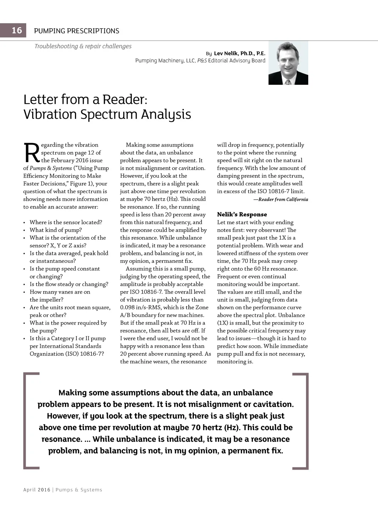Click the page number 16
point(17,30)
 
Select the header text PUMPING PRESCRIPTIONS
point(76,31)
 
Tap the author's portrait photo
point(288,63)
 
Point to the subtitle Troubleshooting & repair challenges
point(83,46)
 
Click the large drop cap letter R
point(31,153)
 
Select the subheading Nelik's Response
point(242,214)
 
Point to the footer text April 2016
point(37,490)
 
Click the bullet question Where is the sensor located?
point(66,222)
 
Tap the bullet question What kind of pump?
point(56,230)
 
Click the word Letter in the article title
point(41,100)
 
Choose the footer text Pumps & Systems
point(79,490)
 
